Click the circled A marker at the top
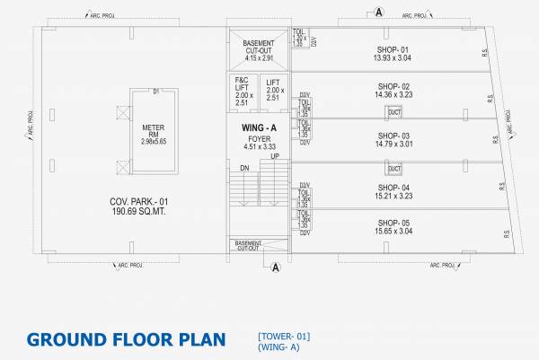[x=378, y=11]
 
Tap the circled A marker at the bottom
[x=276, y=267]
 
